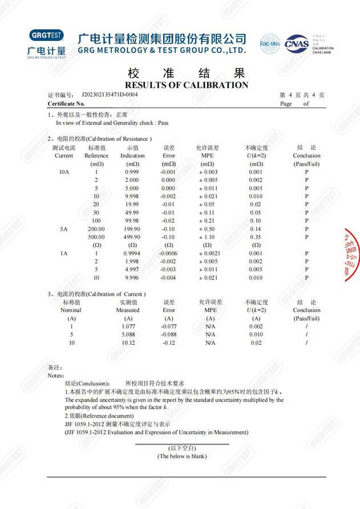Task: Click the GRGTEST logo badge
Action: [x=46, y=35]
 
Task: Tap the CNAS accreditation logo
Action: [x=296, y=43]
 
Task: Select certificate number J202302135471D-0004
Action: [x=110, y=94]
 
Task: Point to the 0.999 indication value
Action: [x=132, y=172]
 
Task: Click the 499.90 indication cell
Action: [x=132, y=237]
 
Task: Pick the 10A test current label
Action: [x=64, y=172]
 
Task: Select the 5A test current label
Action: [x=64, y=229]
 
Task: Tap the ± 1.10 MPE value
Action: [x=210, y=237]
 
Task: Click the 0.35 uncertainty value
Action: [x=256, y=237]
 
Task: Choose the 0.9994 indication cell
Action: [x=132, y=253]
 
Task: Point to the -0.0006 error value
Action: [x=169, y=253]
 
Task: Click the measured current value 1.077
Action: [x=128, y=327]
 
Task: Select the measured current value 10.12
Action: [x=128, y=343]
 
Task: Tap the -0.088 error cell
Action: [x=169, y=335]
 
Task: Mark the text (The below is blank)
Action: [x=182, y=456]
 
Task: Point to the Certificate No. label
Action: [x=66, y=104]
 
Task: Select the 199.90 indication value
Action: [x=132, y=229]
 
